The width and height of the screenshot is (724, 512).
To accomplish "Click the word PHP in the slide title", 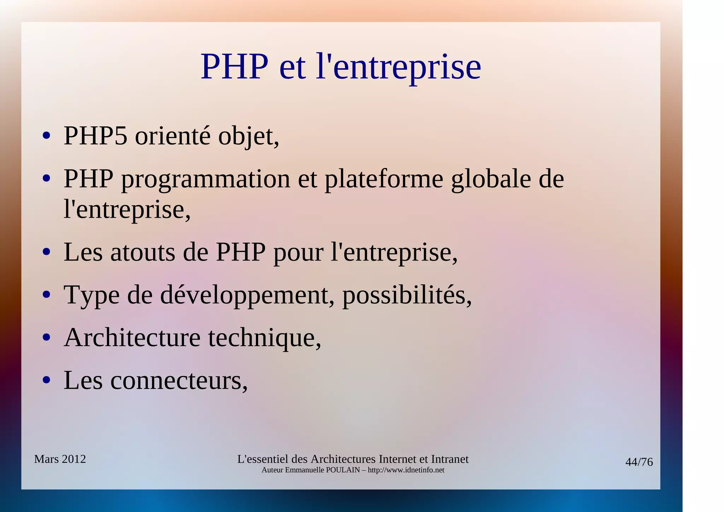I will coord(234,67).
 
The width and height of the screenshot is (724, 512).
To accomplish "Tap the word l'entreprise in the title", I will coord(398,67).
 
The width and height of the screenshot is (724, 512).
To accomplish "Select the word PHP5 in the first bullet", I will coord(95,136).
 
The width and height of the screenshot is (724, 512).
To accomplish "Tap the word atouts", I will coord(142,253).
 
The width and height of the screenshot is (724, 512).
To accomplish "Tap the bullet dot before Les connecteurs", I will coord(46,380).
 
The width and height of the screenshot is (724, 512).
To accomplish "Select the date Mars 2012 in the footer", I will coord(60,459).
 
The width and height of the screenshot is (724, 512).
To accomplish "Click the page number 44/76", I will coord(639,462).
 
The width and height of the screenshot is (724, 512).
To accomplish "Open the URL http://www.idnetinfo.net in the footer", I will coord(406,470).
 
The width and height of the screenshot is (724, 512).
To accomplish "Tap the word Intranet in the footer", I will coord(450,459).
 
